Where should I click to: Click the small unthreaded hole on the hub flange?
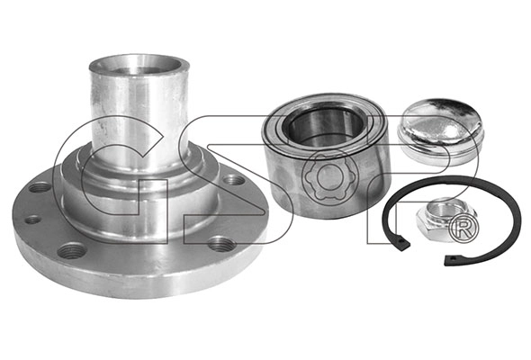coord(32,220)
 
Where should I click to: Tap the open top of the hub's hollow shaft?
coord(139,66)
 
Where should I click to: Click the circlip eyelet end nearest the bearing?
coord(402,244)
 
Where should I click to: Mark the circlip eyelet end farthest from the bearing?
coord(450,260)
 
